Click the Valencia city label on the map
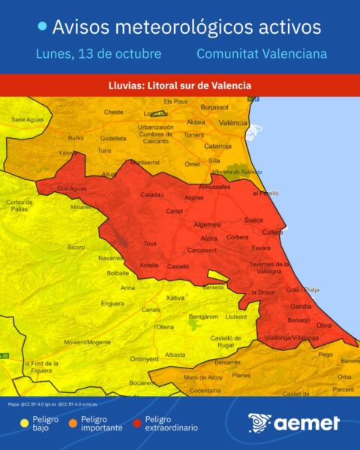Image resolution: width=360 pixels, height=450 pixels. pyautogui.click(x=233, y=122)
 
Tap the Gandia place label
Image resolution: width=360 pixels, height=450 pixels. pyautogui.click(x=301, y=307)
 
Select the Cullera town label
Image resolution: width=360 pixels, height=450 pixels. pyautogui.click(x=272, y=232)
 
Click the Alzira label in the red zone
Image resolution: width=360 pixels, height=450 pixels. pyautogui.click(x=208, y=238)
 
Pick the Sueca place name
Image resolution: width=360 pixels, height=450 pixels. pyautogui.click(x=254, y=221)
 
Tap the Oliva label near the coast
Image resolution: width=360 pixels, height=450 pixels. pyautogui.click(x=324, y=325)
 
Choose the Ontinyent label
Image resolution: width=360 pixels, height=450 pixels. pyautogui.click(x=144, y=358)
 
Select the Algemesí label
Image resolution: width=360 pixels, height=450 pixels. pyautogui.click(x=208, y=224)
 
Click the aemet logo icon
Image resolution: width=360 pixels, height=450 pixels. pyautogui.click(x=260, y=423)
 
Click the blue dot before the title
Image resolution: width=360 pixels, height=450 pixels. pyautogui.click(x=43, y=27)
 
